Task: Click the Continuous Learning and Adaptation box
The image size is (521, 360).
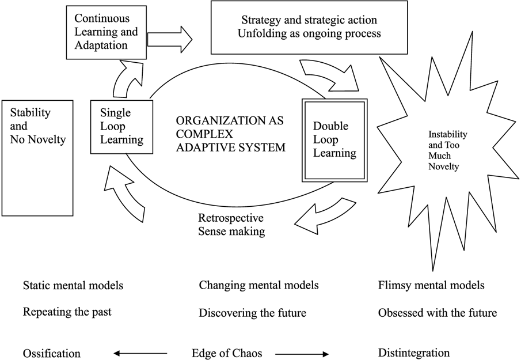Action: click(x=106, y=32)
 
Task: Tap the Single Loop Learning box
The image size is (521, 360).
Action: click(x=121, y=126)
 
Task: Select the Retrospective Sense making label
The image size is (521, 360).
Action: click(x=231, y=225)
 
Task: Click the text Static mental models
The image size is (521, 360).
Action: click(x=73, y=285)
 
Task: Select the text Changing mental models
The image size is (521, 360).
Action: click(x=258, y=285)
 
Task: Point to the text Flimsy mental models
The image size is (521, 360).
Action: click(x=431, y=285)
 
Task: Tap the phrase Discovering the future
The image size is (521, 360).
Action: click(x=252, y=313)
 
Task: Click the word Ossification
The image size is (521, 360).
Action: click(x=51, y=353)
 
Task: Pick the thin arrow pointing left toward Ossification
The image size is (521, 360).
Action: click(x=140, y=353)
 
